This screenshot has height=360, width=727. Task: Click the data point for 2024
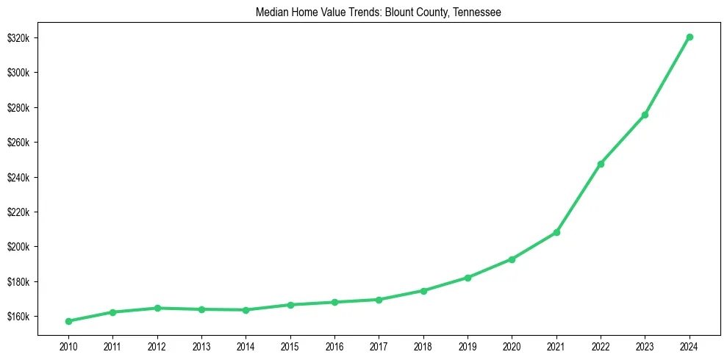pos(690,37)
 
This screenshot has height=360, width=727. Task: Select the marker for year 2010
pos(68,321)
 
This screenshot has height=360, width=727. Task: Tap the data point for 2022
pos(601,164)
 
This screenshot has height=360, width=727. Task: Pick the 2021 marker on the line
pos(556,232)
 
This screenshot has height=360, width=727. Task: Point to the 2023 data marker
pos(645,115)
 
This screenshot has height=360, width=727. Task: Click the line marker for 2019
pos(468,278)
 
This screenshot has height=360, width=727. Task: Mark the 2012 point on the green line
pos(157,308)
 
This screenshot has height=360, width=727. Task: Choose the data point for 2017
pos(379,300)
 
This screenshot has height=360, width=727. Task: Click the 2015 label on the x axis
pos(290,345)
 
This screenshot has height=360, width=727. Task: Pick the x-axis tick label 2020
pos(512,345)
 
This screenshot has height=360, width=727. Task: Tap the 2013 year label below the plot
pos(201,345)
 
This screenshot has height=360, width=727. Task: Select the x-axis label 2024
pos(690,345)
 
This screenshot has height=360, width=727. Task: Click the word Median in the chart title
pos(271,12)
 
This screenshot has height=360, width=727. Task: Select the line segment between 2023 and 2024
pos(667,76)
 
